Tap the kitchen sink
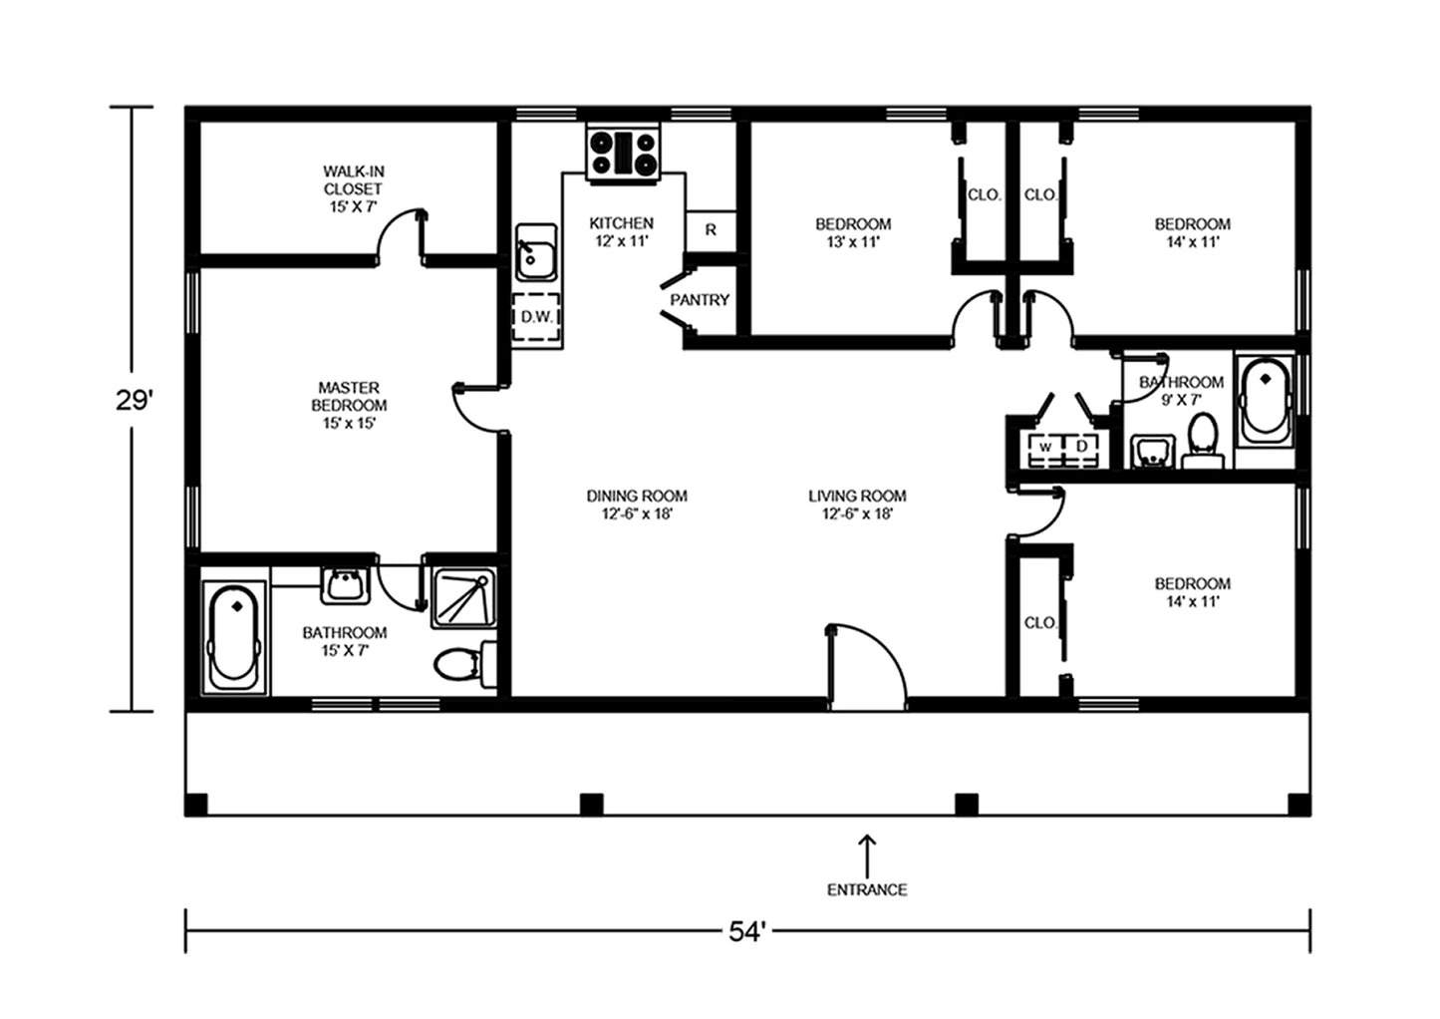[x=536, y=253]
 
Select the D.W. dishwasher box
[x=536, y=317]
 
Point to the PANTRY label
[x=700, y=300]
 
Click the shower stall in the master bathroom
[x=463, y=597]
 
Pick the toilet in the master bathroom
[x=464, y=664]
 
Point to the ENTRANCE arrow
[x=867, y=854]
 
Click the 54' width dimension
[x=747, y=931]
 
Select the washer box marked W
[x=1045, y=446]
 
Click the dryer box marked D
[x=1082, y=446]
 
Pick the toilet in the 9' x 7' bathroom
[x=1202, y=440]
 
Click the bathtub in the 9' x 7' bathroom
[x=1265, y=400]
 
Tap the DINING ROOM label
[x=637, y=505]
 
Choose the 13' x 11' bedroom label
[x=853, y=233]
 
